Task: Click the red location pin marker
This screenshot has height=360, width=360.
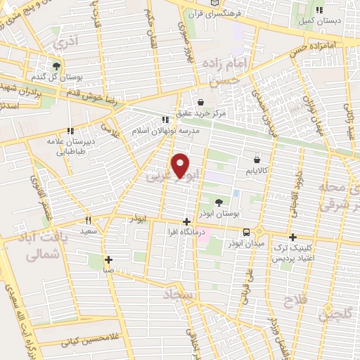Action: tap(181, 165)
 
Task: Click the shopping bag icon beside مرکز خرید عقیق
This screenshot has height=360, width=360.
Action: tap(201, 101)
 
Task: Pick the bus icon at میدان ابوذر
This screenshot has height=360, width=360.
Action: tap(246, 232)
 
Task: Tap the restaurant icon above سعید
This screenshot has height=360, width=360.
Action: tap(87, 220)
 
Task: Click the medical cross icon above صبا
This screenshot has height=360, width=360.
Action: tap(108, 259)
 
